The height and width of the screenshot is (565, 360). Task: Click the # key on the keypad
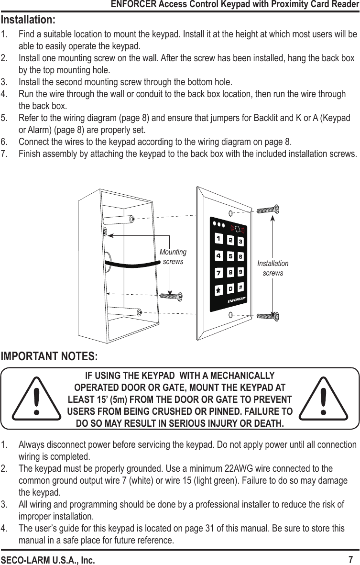coord(241,287)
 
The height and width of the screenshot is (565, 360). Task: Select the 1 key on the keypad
coord(218,238)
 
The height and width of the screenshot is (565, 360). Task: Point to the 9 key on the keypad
coord(241,271)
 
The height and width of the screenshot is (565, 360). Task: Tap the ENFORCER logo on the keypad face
coord(236,300)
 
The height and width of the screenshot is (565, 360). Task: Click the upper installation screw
coord(268,210)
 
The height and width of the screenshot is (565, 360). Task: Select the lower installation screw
coord(268,316)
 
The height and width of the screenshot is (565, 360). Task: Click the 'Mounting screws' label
coord(173,256)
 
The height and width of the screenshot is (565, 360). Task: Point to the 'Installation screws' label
coord(273,268)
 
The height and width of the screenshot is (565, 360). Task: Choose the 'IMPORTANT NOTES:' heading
coord(50,357)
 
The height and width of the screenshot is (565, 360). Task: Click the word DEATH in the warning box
coord(268,424)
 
